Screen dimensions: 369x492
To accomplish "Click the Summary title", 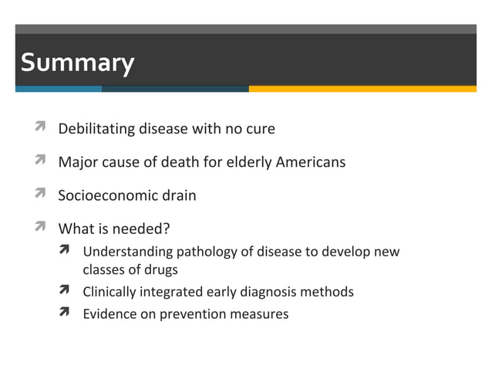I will [77, 63].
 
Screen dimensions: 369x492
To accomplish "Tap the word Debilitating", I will [96, 129].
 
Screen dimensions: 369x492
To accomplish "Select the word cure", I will [260, 129].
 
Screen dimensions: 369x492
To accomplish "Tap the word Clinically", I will [110, 292].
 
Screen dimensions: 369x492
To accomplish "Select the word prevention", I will [190, 313].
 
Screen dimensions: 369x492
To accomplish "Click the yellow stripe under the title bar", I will [362, 89].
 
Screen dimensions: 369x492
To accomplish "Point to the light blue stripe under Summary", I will [59, 89].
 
